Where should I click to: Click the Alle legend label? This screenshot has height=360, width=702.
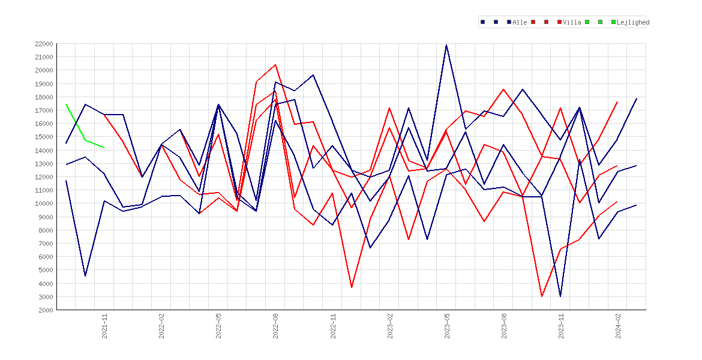[x=520, y=22]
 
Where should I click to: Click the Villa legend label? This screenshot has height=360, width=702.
[x=572, y=22]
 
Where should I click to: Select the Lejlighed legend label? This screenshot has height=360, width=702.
[x=633, y=22]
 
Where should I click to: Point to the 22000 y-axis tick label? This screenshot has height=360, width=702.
[x=44, y=44]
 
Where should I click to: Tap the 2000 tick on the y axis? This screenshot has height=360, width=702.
[x=46, y=310]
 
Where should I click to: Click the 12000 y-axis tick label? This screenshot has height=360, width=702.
[x=44, y=177]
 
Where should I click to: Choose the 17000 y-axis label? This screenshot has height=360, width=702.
[x=44, y=110]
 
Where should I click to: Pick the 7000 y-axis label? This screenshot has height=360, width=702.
[x=46, y=244]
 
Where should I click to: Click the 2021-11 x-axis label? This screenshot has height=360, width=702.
[x=105, y=326]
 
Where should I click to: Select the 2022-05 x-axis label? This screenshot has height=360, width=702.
[x=218, y=326]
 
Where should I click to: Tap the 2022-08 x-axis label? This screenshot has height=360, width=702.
[x=276, y=326]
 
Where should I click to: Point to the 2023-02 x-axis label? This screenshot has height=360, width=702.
[x=390, y=326]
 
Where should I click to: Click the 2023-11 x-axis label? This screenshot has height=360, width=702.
[x=561, y=326]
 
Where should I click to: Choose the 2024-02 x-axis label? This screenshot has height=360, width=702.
[x=618, y=326]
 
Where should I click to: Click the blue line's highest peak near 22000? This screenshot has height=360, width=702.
[x=446, y=45]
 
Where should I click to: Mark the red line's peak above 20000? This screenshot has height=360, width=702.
[x=275, y=64]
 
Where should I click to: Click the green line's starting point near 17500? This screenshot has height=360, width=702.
[x=66, y=104]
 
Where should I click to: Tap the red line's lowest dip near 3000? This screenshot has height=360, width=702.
[x=542, y=296]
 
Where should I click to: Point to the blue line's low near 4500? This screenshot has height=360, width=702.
[x=85, y=276]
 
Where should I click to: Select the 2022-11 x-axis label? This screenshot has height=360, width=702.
[x=332, y=326]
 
